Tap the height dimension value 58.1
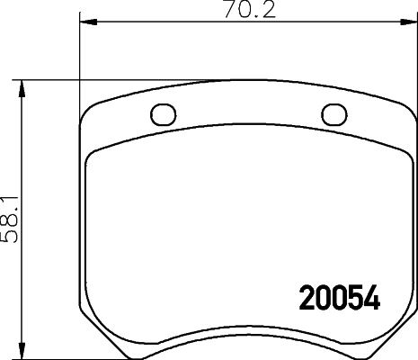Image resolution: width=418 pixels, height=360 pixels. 11,219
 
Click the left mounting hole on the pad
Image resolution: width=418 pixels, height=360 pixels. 163,114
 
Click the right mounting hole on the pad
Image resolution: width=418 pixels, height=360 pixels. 334,114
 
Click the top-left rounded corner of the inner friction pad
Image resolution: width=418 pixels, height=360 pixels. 92,157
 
